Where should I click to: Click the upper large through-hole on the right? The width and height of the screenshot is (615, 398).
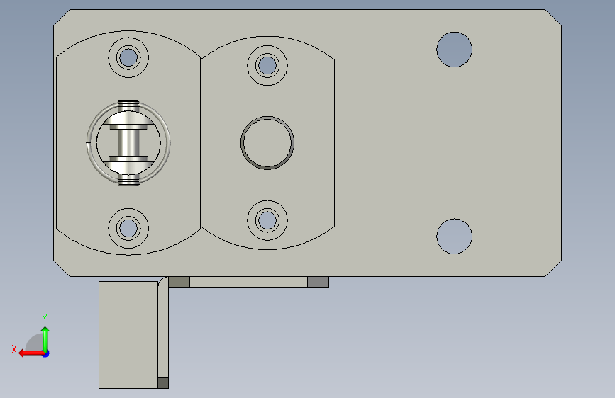pos(454,50)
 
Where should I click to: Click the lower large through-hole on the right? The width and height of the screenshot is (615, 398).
pos(454,237)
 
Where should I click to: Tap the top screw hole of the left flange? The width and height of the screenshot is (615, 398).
pos(128,57)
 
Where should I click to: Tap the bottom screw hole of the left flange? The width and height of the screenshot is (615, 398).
pos(128,228)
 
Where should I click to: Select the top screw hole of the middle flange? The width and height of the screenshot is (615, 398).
pos(267,65)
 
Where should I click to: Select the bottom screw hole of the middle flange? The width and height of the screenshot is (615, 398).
pos(267,220)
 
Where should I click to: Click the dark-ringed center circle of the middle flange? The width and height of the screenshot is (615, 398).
pos(267,142)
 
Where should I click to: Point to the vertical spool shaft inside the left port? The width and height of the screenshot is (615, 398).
pos(128,142)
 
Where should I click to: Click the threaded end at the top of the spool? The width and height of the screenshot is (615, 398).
pos(128,105)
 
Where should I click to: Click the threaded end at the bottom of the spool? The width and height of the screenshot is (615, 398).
pos(128,180)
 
